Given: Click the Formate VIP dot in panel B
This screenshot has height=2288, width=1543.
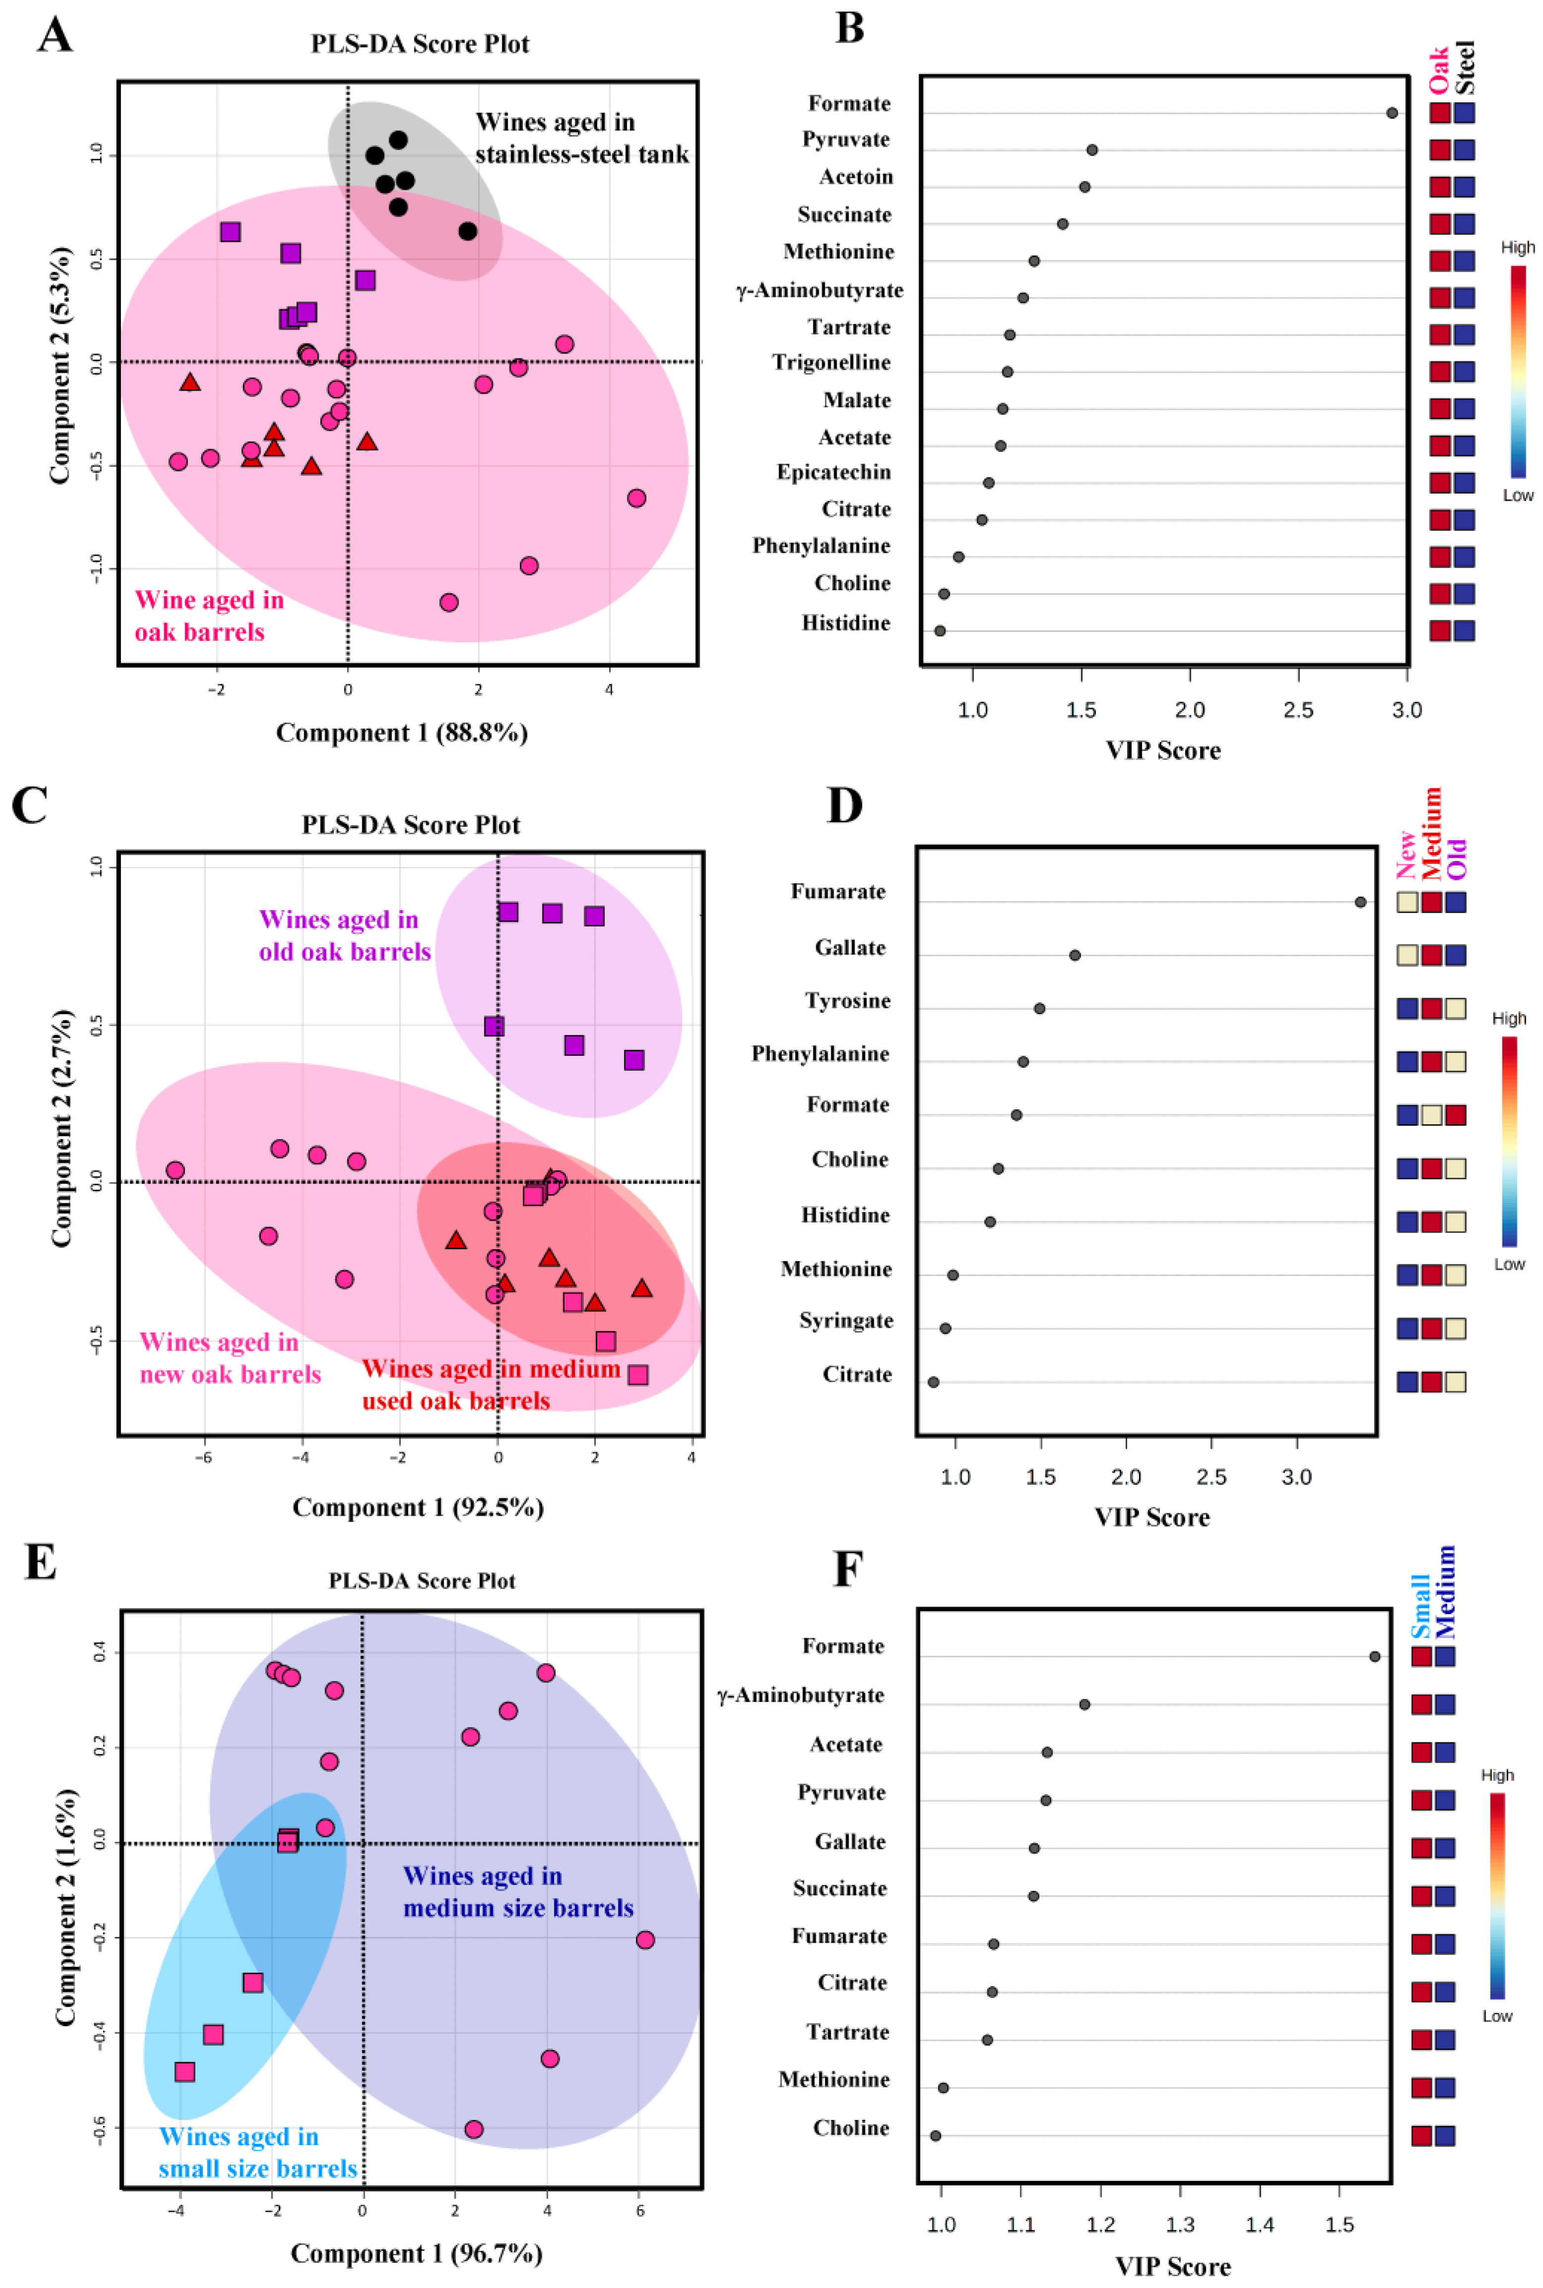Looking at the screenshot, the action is pyautogui.click(x=1391, y=113).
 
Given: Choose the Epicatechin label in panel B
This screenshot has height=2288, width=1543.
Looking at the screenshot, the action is pyautogui.click(x=835, y=472).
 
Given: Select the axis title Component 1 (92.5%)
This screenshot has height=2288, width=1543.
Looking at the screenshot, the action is pyautogui.click(x=418, y=1508).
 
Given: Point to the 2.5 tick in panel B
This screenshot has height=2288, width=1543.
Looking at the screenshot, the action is pyautogui.click(x=1299, y=709).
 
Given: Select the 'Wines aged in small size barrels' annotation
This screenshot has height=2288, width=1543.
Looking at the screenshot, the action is pyautogui.click(x=258, y=2152).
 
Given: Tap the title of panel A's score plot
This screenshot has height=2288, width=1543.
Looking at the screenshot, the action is pyautogui.click(x=420, y=44).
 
